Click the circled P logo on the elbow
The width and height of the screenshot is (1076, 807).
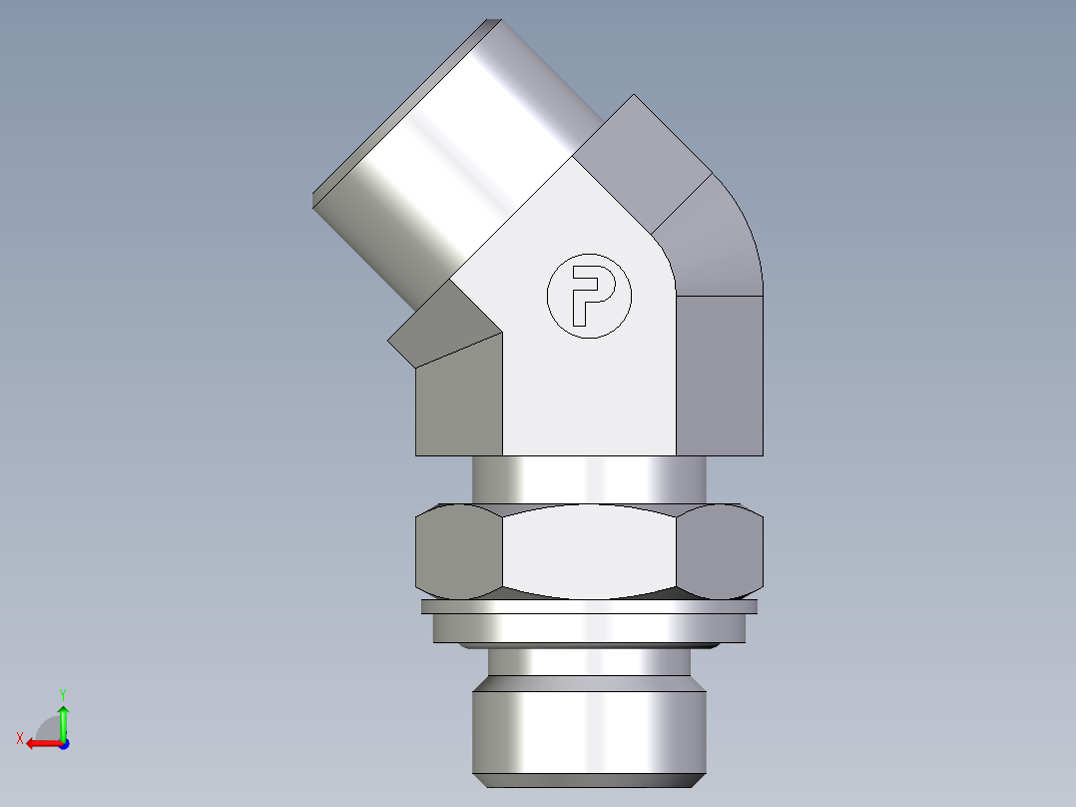pos(589,295)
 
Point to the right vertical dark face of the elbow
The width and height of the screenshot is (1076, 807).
pos(721,375)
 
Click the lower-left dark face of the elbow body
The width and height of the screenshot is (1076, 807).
pos(459,400)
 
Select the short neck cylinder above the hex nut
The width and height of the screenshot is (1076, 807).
pos(589,479)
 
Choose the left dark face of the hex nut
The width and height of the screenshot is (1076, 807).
pos(457,551)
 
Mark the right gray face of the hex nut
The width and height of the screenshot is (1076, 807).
pos(723,551)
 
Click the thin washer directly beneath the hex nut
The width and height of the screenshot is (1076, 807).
pos(589,606)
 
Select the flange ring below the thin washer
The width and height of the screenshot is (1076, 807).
pos(589,627)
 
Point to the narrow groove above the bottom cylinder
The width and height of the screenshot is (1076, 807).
pos(589,660)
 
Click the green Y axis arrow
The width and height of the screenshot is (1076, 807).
pos(63,714)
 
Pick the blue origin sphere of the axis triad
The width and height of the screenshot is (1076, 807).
pos(63,743)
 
